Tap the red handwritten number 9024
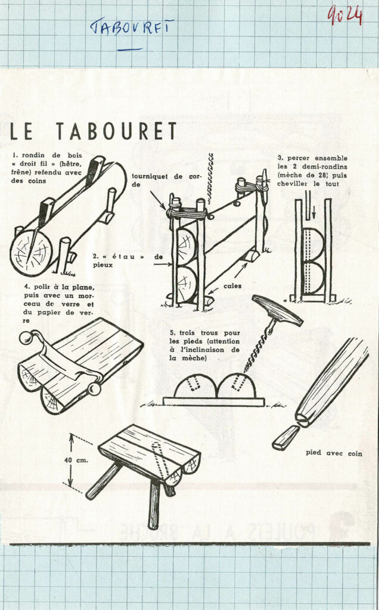point(344,15)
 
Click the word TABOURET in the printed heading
point(117,132)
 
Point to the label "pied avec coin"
point(334,453)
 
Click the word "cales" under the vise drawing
point(232,285)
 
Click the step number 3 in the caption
point(279,158)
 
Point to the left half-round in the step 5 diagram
point(195,387)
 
